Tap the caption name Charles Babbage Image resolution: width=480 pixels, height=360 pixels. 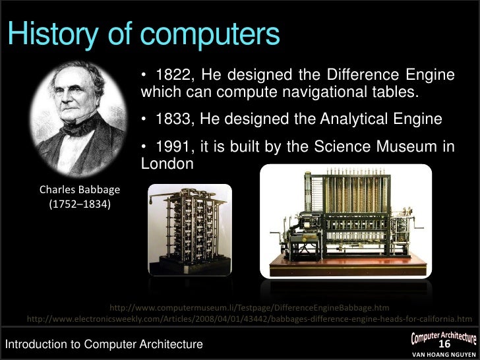click(80, 191)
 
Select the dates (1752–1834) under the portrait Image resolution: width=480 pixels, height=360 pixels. click(80, 205)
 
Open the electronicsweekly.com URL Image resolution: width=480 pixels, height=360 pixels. click(249, 320)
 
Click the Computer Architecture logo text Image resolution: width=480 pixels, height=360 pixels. click(444, 336)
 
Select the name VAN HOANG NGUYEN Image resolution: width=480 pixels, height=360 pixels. click(443, 355)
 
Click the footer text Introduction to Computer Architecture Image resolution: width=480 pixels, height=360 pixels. click(104, 344)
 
